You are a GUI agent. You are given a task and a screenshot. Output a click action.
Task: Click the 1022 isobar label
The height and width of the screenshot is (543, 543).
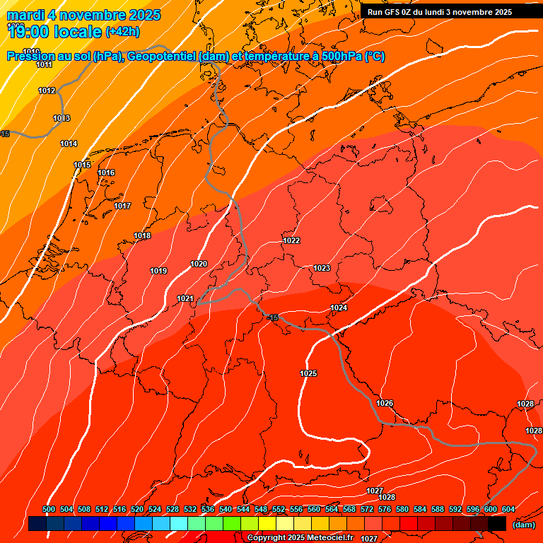point(291,240)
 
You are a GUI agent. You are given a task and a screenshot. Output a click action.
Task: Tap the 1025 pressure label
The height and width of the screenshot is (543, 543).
point(308,373)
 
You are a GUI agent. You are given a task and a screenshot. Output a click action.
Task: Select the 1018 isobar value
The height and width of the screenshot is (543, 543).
point(142,235)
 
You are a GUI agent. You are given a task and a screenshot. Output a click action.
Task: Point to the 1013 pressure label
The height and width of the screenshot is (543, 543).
point(62,118)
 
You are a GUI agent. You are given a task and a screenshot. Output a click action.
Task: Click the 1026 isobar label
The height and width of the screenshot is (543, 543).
point(385,403)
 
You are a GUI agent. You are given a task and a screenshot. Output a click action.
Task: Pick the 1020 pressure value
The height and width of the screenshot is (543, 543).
point(199,264)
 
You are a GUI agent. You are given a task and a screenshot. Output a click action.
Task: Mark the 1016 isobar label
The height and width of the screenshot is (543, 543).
point(106,173)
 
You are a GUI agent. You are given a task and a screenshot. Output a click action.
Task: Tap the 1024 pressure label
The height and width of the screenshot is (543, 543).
point(339,308)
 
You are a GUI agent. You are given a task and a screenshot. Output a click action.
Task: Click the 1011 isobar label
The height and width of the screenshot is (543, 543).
point(44,64)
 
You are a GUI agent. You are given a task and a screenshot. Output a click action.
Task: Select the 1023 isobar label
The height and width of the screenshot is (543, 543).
point(322,268)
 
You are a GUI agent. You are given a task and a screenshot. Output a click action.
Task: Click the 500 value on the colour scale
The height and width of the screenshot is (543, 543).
point(49,509)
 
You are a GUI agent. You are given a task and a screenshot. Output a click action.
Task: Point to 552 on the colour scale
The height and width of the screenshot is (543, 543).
point(279,509)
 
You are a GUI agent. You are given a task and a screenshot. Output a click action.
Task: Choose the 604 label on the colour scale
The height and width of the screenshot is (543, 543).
point(508,509)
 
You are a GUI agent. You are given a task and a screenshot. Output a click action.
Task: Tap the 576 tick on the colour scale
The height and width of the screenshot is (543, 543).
point(385,509)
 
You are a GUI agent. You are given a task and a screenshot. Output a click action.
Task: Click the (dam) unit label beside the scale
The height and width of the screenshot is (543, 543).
point(523,525)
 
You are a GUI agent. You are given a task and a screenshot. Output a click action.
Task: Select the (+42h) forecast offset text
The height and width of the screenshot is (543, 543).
point(122,32)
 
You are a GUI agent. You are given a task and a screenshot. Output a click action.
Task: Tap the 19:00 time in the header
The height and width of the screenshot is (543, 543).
point(27,32)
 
